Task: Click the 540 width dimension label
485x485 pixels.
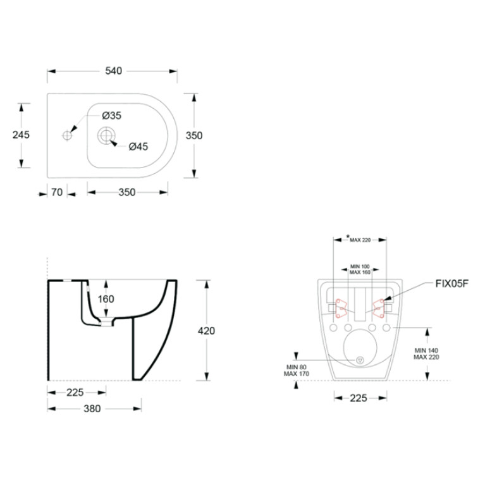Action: (114, 71)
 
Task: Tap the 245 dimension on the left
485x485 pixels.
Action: (21, 135)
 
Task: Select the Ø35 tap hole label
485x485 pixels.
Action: (112, 116)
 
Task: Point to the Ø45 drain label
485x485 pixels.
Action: (138, 146)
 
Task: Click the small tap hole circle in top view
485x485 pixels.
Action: (67, 135)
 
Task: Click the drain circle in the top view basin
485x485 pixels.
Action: (106, 135)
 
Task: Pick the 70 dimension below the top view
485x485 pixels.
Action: (57, 192)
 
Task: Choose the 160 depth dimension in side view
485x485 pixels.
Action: (106, 299)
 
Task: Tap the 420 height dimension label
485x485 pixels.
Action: (206, 331)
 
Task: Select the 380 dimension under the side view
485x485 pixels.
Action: (92, 408)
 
